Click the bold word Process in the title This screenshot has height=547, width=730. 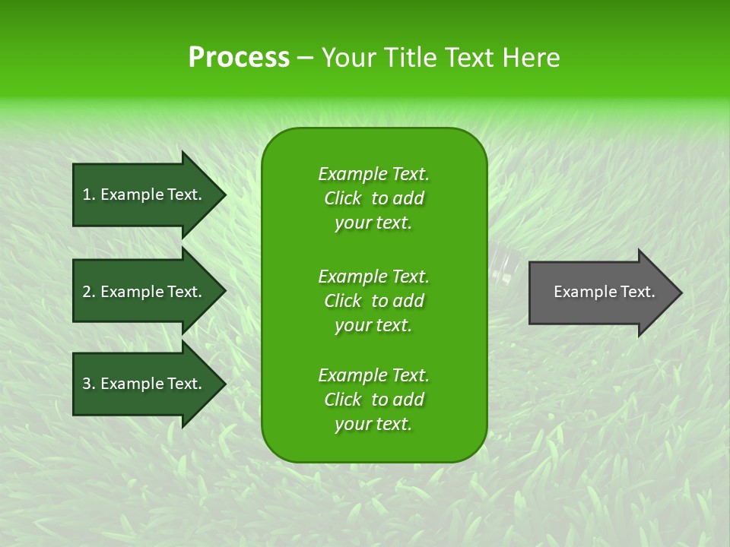tap(239, 58)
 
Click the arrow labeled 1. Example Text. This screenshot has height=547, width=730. tap(144, 194)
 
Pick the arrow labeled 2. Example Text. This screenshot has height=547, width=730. tap(144, 292)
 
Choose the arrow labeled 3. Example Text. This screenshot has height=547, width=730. tap(144, 384)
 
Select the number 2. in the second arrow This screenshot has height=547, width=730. tap(88, 292)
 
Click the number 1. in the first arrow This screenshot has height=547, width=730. tap(88, 194)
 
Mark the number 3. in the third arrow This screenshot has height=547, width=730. tap(88, 384)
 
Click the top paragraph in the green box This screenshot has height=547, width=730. tap(373, 198)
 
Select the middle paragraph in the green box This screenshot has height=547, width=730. tap(373, 301)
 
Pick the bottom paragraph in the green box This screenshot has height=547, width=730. tap(373, 400)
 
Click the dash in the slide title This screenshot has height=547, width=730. tap(305, 58)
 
